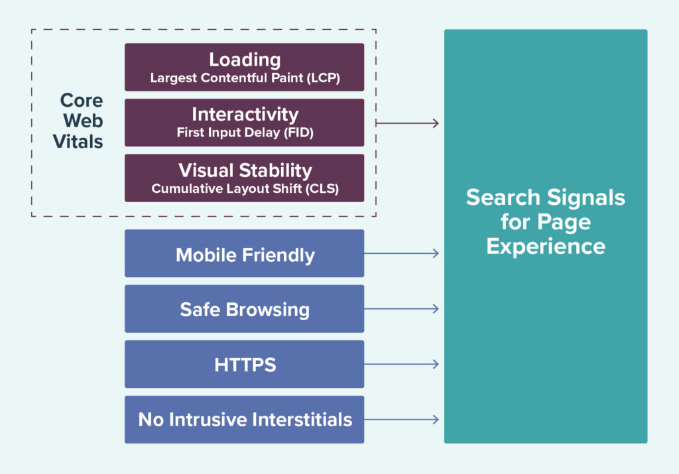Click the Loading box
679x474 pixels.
(x=244, y=67)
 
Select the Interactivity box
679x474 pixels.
(x=244, y=123)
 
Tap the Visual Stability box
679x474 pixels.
(x=244, y=178)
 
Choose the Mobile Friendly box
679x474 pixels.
(x=244, y=254)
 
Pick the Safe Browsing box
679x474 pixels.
(x=244, y=309)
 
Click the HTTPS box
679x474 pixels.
(x=244, y=364)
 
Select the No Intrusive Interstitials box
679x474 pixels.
(x=244, y=420)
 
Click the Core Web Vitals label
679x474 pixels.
(x=82, y=121)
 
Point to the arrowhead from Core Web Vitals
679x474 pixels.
(x=435, y=123)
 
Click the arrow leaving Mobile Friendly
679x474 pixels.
(x=401, y=253)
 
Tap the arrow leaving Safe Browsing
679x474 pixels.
(x=401, y=309)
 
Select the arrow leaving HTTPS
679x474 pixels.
(x=401, y=364)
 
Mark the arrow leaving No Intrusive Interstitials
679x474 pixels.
(x=401, y=420)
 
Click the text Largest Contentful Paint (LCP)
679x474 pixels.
(x=245, y=78)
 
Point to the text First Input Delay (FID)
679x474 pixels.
(x=245, y=133)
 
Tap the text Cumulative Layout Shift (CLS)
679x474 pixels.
(x=245, y=188)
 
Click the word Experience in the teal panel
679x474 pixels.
(x=545, y=246)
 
